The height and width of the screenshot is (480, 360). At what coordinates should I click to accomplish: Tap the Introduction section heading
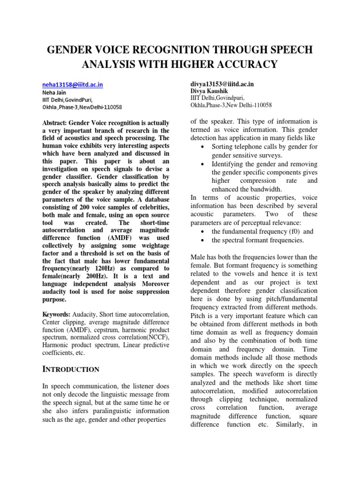pos(71,369)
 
